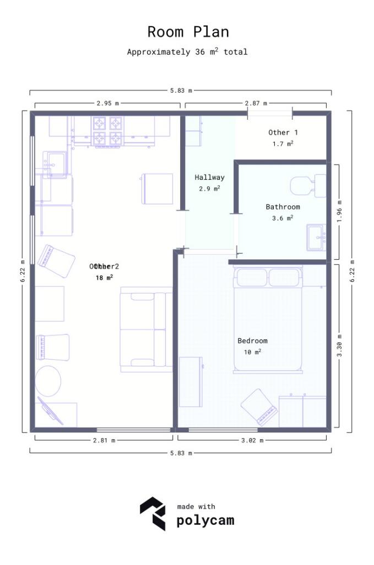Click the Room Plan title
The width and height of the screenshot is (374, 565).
click(x=188, y=32)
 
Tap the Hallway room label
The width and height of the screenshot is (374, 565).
click(x=209, y=178)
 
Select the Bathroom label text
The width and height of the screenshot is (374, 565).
click(x=283, y=207)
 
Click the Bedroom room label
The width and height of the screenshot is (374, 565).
click(x=252, y=340)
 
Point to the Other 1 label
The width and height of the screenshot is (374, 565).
click(x=283, y=132)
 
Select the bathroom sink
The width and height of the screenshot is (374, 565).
click(x=316, y=238)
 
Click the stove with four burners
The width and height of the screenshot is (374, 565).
click(x=107, y=131)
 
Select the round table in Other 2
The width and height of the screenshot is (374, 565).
click(x=49, y=381)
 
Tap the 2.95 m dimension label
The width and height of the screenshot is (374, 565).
click(x=107, y=103)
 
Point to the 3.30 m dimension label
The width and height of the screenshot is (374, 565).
click(x=339, y=346)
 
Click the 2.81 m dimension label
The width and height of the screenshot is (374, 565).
click(x=104, y=440)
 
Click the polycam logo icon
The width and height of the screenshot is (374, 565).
click(x=153, y=513)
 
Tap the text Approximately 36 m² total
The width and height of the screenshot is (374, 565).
click(x=187, y=52)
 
